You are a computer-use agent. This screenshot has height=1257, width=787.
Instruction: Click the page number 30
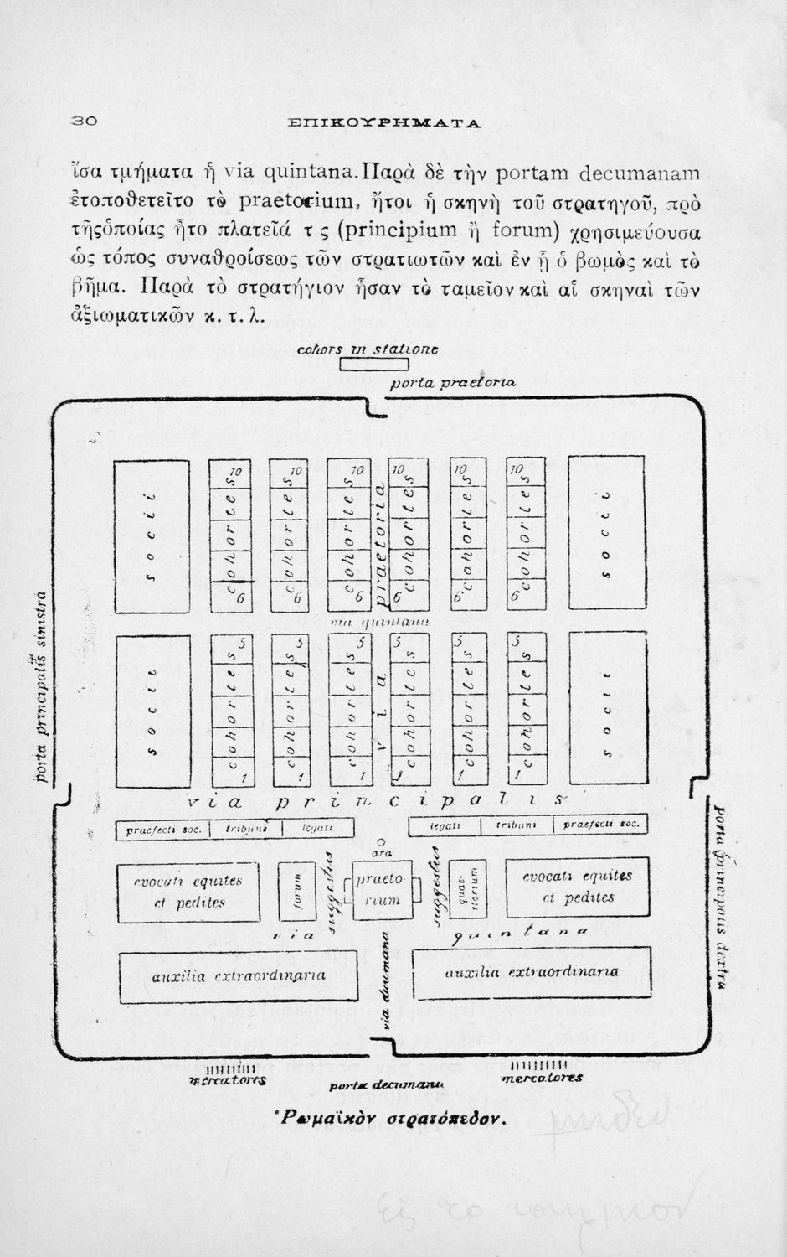tap(85, 121)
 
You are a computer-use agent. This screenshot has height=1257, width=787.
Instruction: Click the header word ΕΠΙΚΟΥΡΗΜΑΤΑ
tap(384, 123)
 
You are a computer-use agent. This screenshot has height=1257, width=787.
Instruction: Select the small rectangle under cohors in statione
tap(373, 364)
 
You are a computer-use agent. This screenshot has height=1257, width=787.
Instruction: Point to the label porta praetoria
tap(453, 383)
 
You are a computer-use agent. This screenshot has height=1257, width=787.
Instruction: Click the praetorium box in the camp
tap(382, 890)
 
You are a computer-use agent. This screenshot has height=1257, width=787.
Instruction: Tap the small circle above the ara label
tap(381, 841)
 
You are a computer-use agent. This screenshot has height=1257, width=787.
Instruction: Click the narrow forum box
tap(296, 891)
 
